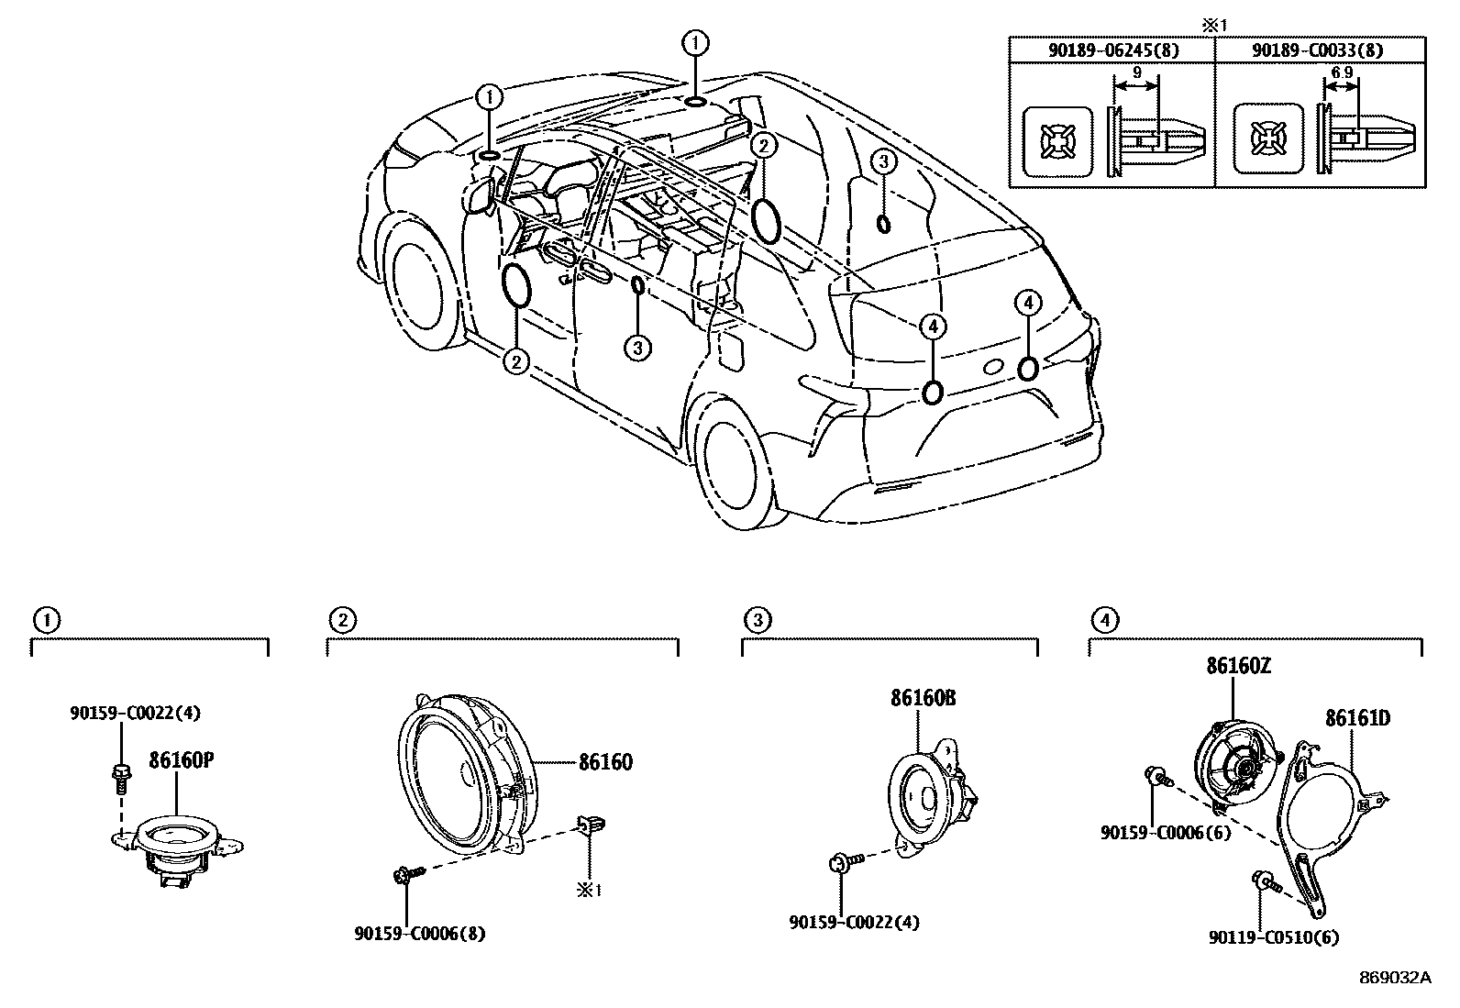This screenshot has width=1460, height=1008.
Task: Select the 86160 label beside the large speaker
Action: [x=604, y=762]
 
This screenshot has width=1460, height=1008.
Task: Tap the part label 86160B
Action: [x=922, y=699]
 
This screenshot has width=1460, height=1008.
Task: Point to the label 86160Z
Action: [x=1238, y=667]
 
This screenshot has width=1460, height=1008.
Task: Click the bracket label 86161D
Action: [x=1356, y=718]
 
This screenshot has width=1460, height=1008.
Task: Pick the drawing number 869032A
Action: [x=1394, y=978]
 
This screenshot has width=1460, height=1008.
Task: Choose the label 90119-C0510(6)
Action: [x=1274, y=937]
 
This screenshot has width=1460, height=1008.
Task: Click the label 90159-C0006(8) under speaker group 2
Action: [x=419, y=934]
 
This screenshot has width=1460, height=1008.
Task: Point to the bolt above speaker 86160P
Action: [x=120, y=776]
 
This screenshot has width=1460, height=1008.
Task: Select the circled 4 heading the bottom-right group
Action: [x=1104, y=621]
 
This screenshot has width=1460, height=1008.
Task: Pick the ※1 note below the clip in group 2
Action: [x=587, y=890]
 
